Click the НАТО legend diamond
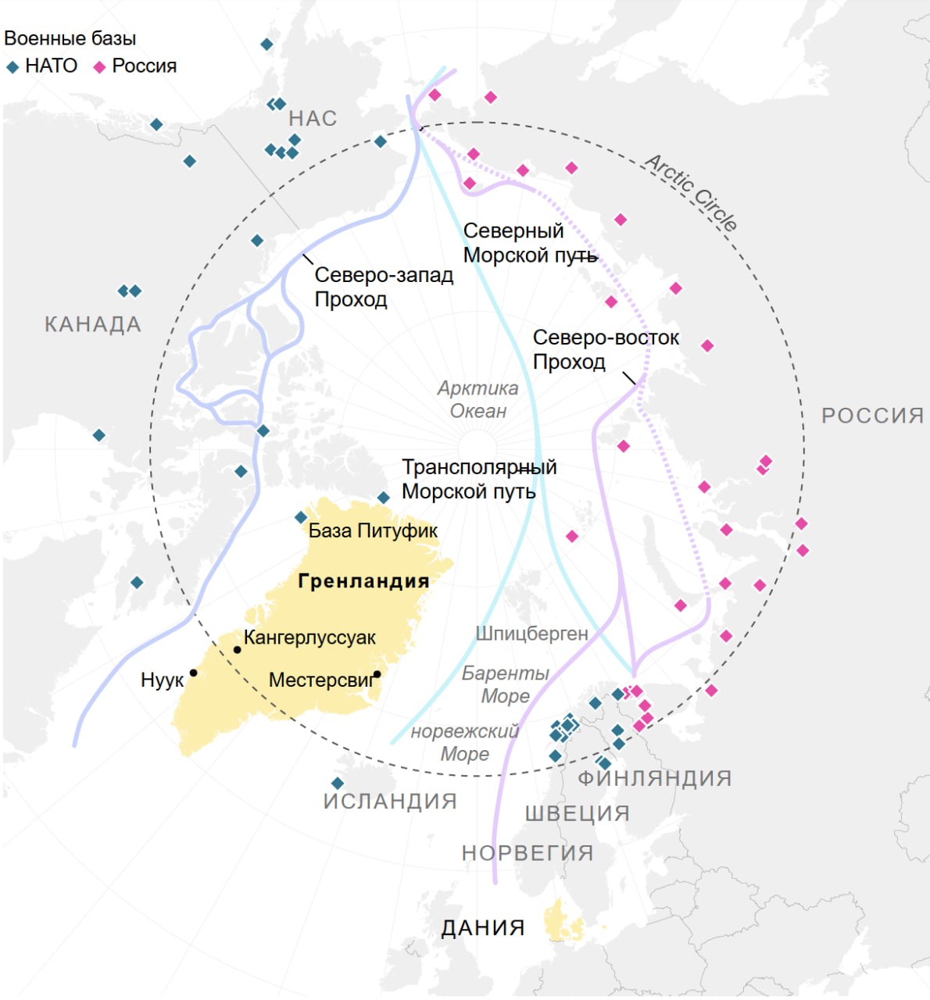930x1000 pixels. (x=13, y=67)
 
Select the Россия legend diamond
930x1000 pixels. (x=99, y=67)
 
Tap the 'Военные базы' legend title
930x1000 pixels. (x=70, y=38)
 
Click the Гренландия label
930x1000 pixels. (x=363, y=581)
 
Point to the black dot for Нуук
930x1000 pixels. (x=193, y=673)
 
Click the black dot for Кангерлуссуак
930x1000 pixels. (x=238, y=649)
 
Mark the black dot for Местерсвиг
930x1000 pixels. (x=377, y=674)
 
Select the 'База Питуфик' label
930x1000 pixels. (x=373, y=531)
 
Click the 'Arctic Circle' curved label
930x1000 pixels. (x=691, y=192)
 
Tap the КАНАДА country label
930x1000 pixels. (x=93, y=324)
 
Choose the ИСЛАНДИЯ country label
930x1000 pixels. (x=390, y=802)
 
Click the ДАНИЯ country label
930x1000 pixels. (x=483, y=928)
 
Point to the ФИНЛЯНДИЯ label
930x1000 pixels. (x=655, y=778)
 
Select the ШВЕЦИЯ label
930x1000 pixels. (x=578, y=813)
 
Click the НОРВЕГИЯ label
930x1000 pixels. (x=528, y=853)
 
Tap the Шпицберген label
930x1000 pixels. (x=531, y=634)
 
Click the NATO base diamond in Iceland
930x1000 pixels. (x=338, y=783)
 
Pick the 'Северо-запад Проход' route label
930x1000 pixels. (x=384, y=287)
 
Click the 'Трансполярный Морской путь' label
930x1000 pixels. (x=479, y=479)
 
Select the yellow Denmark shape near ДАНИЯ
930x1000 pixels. (x=563, y=921)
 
